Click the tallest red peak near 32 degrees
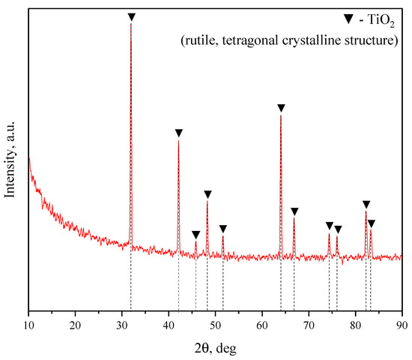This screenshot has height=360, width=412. (131, 25)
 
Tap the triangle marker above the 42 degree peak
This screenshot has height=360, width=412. (178, 133)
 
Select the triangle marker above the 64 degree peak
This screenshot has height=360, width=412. (281, 108)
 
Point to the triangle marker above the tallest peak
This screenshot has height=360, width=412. (131, 16)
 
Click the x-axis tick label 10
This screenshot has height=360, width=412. (28, 325)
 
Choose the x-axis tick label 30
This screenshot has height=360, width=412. (121, 325)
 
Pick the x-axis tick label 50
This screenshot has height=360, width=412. (215, 325)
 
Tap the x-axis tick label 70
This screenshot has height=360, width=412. (309, 325)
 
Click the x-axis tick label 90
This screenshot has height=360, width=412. (402, 325)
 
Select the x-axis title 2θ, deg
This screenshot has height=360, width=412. (215, 348)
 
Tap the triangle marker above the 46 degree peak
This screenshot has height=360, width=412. (196, 235)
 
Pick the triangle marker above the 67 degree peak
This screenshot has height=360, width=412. (294, 211)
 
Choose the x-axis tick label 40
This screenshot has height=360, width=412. (169, 325)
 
